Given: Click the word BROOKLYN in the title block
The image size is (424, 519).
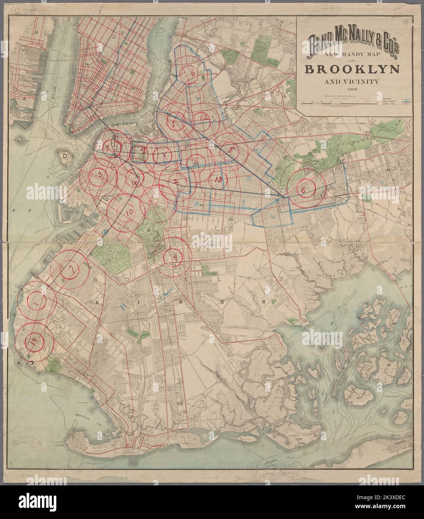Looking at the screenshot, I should click(352, 70).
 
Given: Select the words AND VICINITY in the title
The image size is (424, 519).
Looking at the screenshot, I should click(352, 81).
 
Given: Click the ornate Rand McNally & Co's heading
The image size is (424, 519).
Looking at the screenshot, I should click(352, 43).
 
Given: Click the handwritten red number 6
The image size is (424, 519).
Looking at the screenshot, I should click(193, 74).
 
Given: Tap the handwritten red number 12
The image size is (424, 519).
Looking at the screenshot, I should click(204, 118).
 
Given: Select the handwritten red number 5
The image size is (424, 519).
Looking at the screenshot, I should click(232, 149).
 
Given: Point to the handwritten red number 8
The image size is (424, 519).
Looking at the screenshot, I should click(304, 190).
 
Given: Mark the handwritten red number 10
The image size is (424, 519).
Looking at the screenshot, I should click(129, 212).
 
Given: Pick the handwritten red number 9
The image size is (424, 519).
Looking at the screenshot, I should click(174, 257).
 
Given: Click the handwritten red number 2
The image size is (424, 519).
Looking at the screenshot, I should click(175, 181).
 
